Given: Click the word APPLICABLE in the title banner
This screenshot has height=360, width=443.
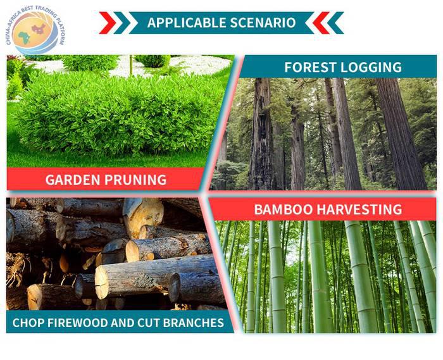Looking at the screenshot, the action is pos(187,23).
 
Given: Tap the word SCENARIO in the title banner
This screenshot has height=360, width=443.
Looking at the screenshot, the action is pos(263,23).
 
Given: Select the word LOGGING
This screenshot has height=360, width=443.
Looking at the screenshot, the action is pos(371,67).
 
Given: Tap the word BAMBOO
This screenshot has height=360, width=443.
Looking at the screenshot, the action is pos(283,209).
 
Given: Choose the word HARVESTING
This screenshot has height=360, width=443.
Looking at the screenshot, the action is pos(359,209).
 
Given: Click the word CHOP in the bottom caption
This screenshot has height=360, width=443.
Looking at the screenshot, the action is pos(27,323).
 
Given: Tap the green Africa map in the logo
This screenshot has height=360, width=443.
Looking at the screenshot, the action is pos(24,37).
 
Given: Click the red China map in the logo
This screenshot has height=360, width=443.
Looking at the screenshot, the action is pos(39,28).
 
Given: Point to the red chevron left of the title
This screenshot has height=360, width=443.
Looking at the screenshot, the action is pos(108,23).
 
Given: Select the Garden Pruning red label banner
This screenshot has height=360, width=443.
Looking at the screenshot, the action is pos(104,179).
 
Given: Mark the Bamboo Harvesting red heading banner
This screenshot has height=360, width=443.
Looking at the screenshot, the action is pos(323,209).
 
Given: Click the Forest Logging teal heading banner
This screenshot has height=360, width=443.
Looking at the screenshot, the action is pos(337,66).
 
